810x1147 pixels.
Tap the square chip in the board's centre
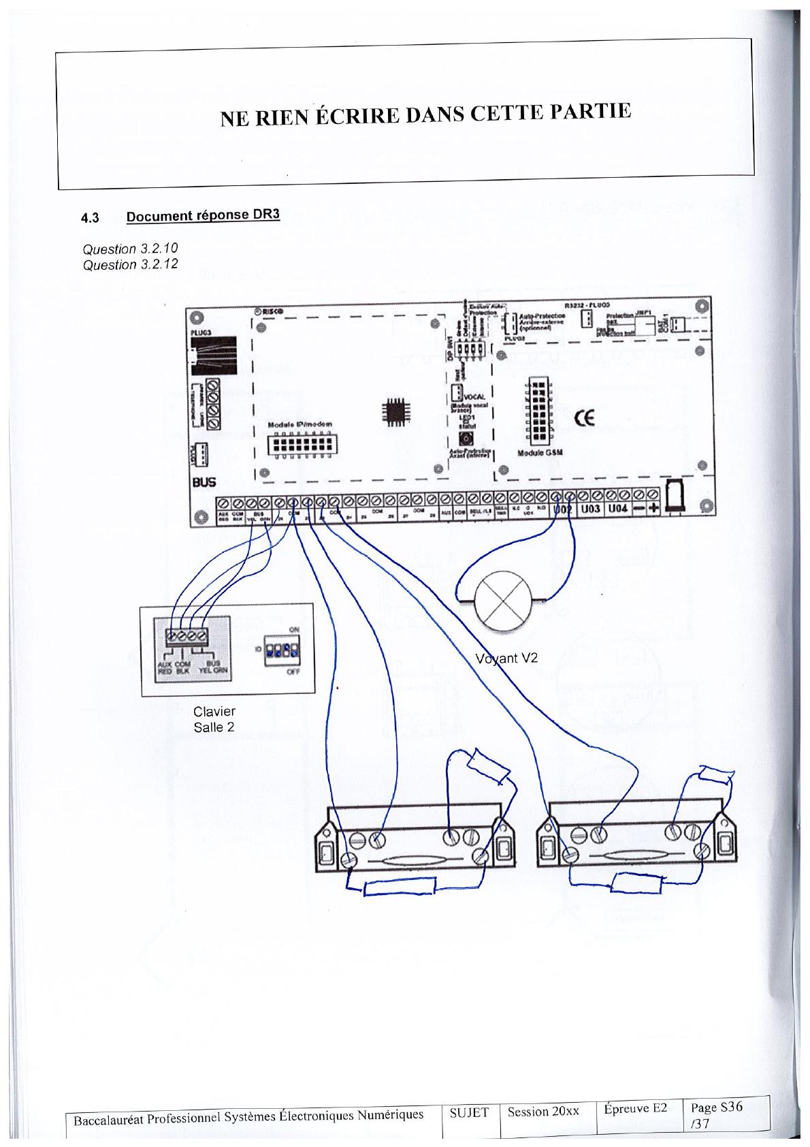[395, 409]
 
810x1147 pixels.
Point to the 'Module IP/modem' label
[300, 425]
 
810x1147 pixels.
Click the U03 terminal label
[590, 509]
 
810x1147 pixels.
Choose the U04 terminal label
[618, 509]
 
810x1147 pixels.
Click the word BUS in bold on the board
[204, 482]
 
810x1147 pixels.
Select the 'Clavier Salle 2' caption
[214, 719]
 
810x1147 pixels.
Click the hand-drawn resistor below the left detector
[400, 887]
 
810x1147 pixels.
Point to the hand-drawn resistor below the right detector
[637, 883]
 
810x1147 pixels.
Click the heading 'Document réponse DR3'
[203, 216]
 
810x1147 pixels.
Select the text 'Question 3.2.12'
[130, 264]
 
